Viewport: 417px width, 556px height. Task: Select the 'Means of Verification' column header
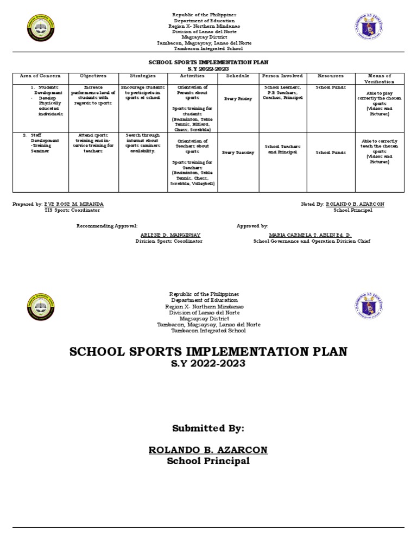(379, 79)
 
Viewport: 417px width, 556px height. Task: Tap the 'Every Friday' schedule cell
(238, 99)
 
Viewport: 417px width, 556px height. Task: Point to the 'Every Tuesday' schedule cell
(238, 153)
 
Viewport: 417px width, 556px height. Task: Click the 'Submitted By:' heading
(208, 428)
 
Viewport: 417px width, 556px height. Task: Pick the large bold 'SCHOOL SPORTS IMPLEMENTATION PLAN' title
(208, 351)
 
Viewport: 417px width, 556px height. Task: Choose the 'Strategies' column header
(143, 76)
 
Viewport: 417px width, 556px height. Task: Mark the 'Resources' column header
(331, 76)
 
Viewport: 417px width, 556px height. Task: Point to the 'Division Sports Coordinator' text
(169, 241)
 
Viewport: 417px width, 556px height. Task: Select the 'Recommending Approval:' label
(107, 225)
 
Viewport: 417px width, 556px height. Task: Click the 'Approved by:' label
(252, 225)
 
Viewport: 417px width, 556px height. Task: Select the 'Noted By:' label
(312, 204)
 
